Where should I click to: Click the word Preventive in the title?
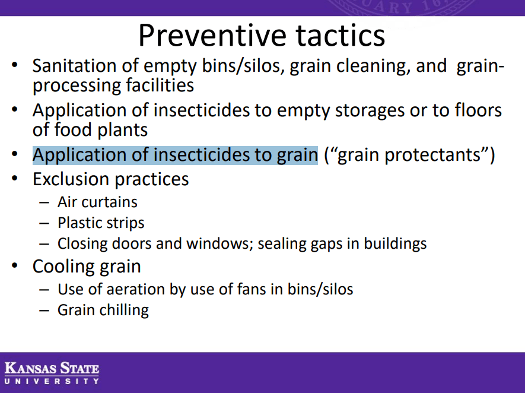point(212,35)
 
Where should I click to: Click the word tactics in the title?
point(341,35)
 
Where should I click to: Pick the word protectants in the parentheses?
point(432,155)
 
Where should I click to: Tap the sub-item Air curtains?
point(97,202)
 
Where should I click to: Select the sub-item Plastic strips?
point(101,223)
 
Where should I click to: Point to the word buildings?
point(395,243)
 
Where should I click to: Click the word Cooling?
point(56,267)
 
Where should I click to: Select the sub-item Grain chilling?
point(103,310)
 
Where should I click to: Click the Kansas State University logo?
point(52,373)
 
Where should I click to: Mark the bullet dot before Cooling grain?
point(14,266)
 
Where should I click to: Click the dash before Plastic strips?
point(44,223)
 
